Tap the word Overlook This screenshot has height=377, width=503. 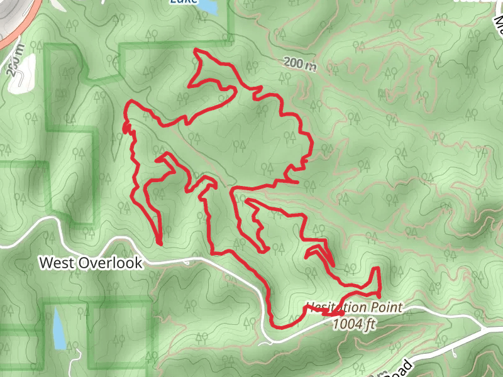109,263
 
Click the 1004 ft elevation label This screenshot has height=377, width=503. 354,324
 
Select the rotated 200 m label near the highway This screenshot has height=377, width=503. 15,60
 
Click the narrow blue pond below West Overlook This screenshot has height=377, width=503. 57,327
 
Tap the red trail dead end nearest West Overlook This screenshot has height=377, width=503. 160,243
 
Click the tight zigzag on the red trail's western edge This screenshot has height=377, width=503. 126,129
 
